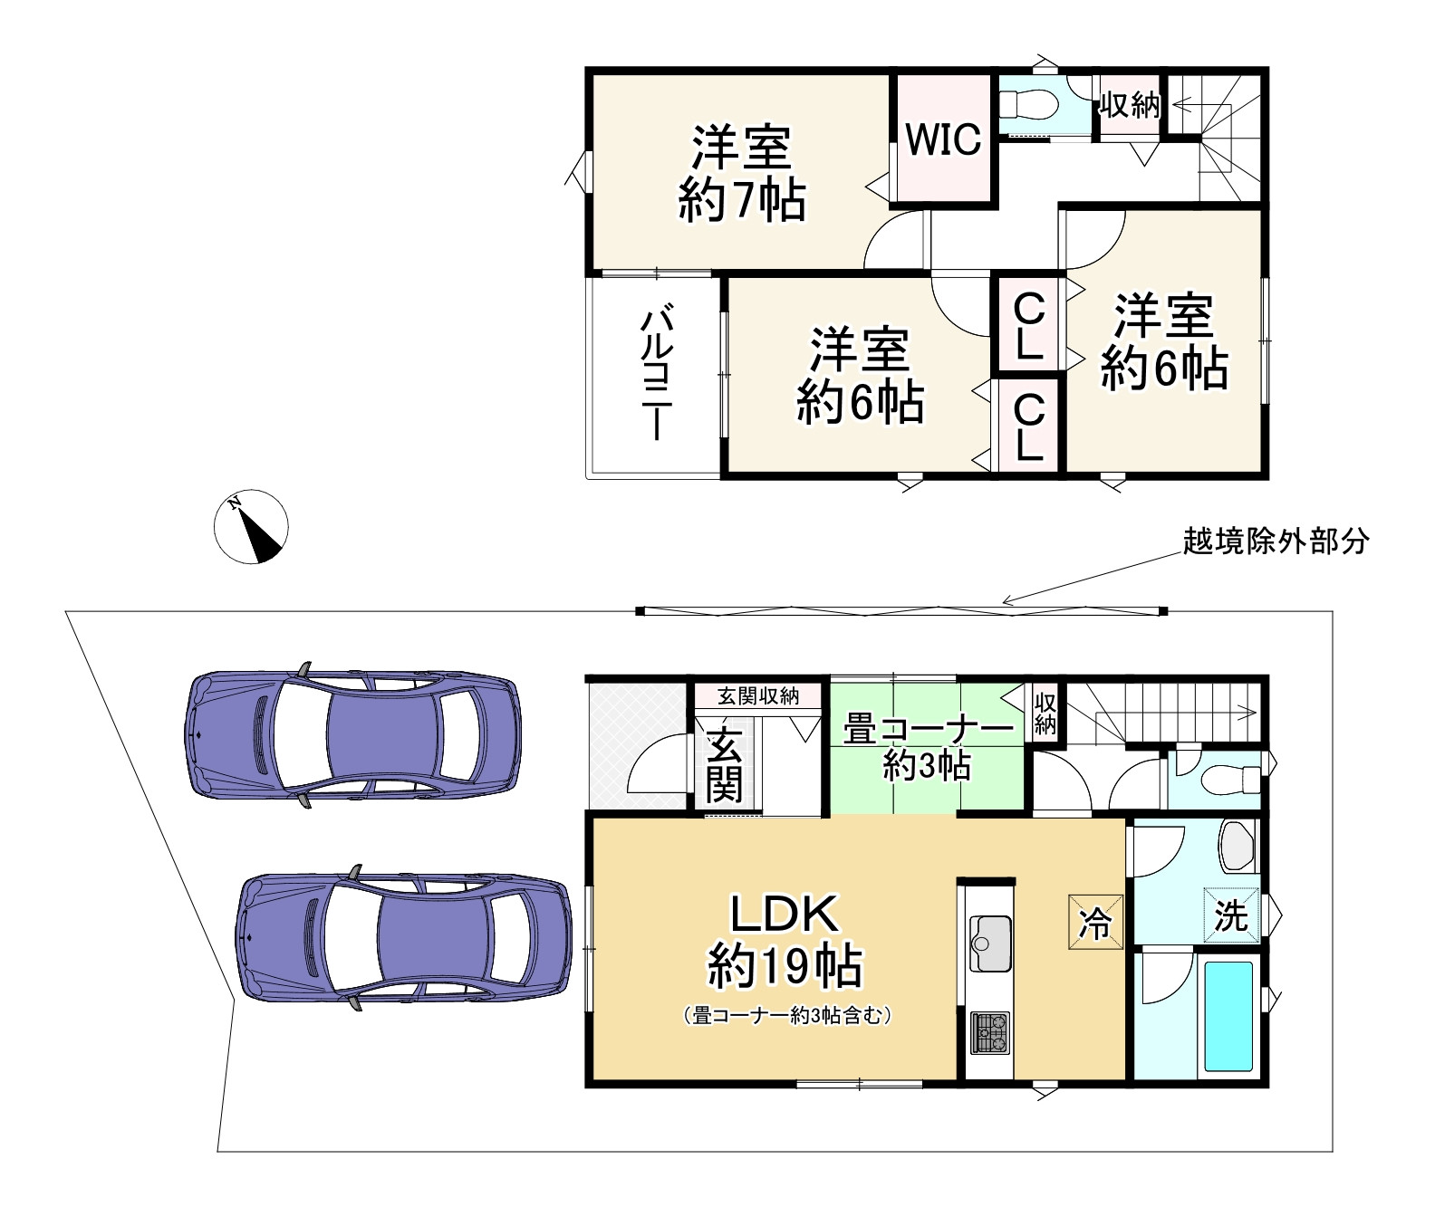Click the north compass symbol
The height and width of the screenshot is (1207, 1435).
(x=251, y=527)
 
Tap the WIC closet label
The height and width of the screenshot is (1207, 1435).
(x=943, y=139)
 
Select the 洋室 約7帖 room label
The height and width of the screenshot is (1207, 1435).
(x=742, y=173)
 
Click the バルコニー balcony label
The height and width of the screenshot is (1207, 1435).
(x=656, y=373)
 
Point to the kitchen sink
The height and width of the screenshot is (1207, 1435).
(x=989, y=943)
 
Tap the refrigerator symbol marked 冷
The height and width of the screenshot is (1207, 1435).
(x=1095, y=923)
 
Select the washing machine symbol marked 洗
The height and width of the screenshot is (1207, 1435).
(x=1231, y=915)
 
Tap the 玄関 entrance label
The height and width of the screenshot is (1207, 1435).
(x=724, y=766)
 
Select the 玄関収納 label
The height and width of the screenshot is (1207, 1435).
(x=757, y=695)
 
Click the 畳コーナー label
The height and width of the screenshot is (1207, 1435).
(x=927, y=729)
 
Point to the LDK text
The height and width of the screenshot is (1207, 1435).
(x=785, y=915)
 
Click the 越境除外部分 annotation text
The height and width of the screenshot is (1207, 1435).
(x=1276, y=541)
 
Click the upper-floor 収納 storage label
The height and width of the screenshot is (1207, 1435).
(x=1129, y=106)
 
